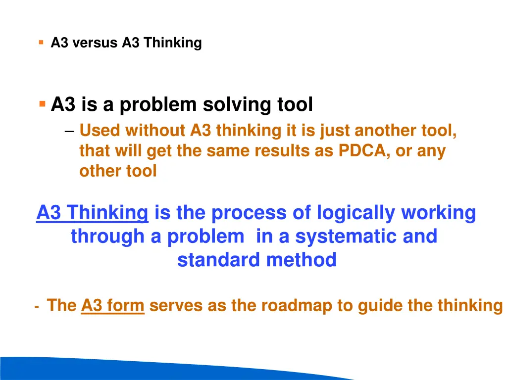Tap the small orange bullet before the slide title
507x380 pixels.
click(41, 43)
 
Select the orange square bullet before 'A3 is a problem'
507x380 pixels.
click(43, 104)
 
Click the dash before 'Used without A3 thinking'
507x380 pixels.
click(69, 131)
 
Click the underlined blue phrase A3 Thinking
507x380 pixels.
click(92, 213)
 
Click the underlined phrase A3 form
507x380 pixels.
click(112, 306)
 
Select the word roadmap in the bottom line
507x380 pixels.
click(297, 306)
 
